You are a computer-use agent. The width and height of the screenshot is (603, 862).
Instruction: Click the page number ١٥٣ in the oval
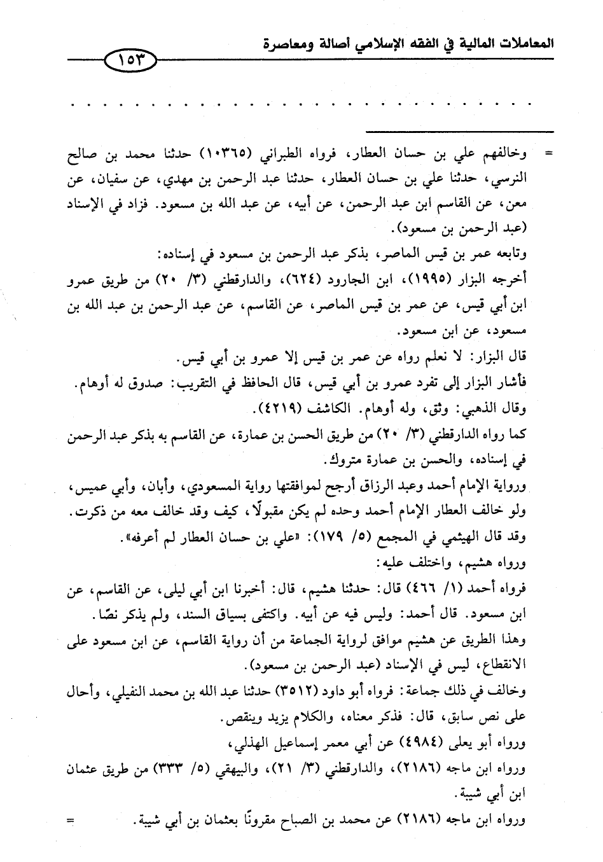coord(130,62)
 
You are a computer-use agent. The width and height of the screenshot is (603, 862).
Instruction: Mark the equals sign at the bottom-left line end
coord(71,821)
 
